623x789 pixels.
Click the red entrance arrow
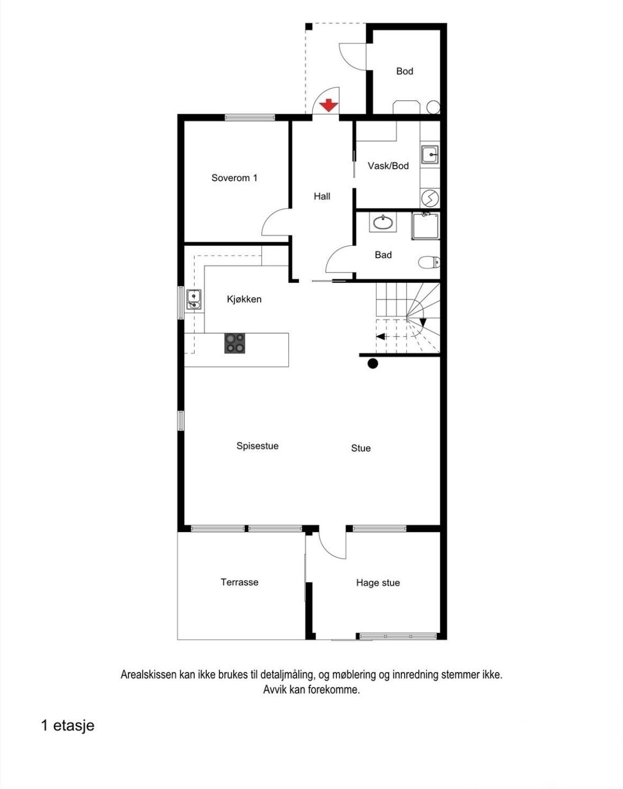click(x=329, y=105)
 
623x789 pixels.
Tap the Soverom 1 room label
click(x=234, y=178)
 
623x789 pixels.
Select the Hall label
click(x=322, y=196)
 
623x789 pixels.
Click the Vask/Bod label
click(x=388, y=166)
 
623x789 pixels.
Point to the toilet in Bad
click(x=429, y=262)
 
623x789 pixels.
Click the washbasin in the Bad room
click(x=382, y=223)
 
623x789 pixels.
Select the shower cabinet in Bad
click(x=425, y=226)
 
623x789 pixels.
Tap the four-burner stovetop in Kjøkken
click(x=235, y=343)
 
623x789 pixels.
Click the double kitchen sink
click(x=194, y=299)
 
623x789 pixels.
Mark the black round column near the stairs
click(x=373, y=363)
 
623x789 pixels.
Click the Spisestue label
click(x=257, y=446)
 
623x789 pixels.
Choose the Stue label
click(x=361, y=448)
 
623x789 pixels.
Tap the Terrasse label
click(x=239, y=582)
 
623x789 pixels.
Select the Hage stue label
click(x=378, y=583)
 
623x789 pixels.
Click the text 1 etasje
click(x=68, y=725)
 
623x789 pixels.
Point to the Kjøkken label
click(x=244, y=299)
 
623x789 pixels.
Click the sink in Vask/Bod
click(x=429, y=155)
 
